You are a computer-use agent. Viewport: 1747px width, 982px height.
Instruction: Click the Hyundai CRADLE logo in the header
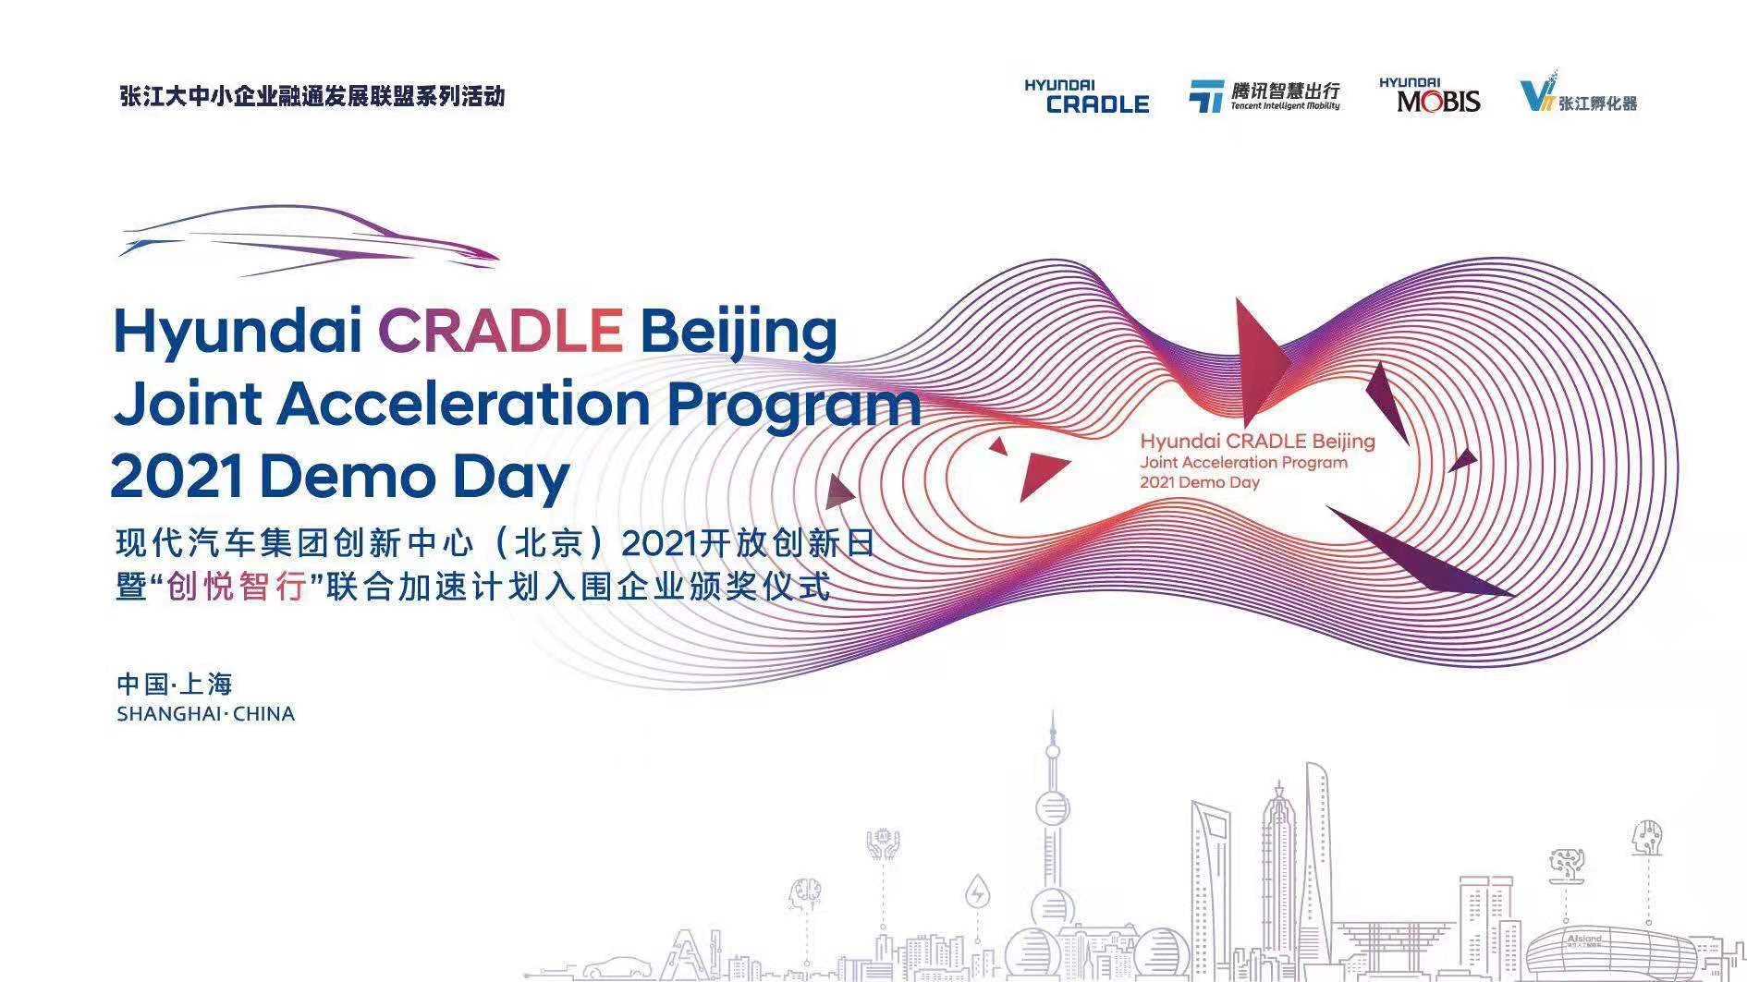coord(1086,97)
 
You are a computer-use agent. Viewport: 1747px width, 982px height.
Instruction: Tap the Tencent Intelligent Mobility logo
coord(1264,96)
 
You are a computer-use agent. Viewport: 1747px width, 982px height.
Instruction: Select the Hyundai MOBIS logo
coord(1429,96)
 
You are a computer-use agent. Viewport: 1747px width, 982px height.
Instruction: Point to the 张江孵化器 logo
coord(1579,93)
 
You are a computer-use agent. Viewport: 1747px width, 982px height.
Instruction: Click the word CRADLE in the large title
coord(500,330)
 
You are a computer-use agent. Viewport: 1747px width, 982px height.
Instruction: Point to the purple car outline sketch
coord(308,240)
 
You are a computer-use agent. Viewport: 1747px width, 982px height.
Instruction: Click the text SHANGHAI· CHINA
coord(206,714)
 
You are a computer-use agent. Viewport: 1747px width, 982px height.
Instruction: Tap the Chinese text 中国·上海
coord(175,684)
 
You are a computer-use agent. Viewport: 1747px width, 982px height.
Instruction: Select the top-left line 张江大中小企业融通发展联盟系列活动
coord(312,96)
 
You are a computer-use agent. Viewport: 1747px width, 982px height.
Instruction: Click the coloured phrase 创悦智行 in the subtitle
coord(237,586)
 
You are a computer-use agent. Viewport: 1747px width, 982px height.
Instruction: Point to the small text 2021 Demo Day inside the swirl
coord(1200,482)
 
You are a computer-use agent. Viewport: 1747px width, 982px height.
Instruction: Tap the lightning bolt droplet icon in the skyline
coord(977,893)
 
